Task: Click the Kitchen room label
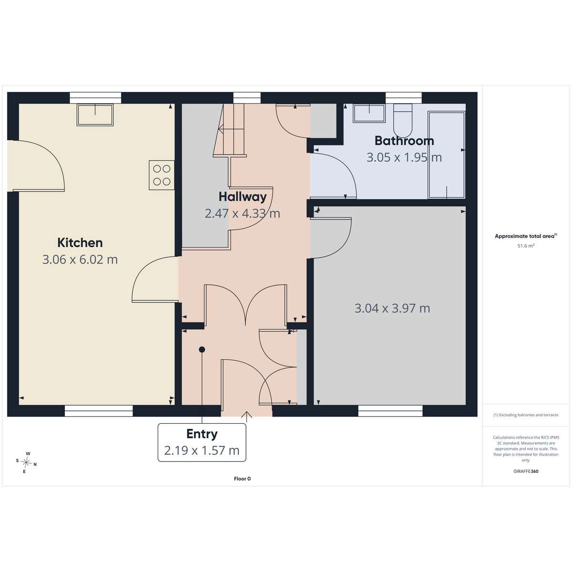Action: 80,243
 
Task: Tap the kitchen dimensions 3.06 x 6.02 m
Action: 80,259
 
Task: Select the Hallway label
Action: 243,197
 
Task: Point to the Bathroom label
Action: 404,141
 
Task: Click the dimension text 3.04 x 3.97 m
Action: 392,308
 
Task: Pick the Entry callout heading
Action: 202,434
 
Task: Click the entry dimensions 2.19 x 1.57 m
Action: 202,450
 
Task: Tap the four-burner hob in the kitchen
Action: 162,175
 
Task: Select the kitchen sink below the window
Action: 95,114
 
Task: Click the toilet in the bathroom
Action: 403,120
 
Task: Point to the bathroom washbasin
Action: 369,113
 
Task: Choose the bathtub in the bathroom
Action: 446,155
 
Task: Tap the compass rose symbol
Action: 26,462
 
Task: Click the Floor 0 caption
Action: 242,479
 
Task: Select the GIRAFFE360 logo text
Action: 526,471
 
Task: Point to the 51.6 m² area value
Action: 526,246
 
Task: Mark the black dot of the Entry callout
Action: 202,350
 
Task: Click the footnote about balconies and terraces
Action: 526,415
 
